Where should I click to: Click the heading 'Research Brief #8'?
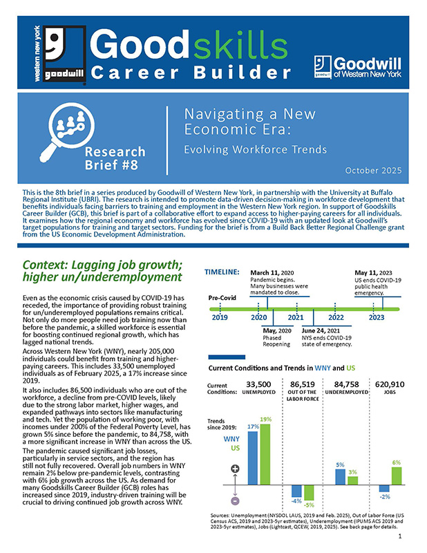[x=116, y=159]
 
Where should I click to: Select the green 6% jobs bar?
[x=396, y=476]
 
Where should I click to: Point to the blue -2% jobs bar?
[x=384, y=488]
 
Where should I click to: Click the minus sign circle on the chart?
[x=234, y=500]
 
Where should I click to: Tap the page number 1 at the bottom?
[x=401, y=536]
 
